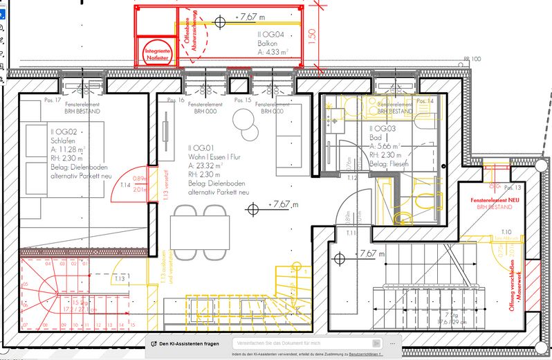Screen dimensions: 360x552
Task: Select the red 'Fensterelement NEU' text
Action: point(494,199)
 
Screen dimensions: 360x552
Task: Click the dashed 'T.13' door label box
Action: point(120,279)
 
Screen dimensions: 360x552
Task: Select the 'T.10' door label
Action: point(506,232)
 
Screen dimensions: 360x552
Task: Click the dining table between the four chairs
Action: point(200,226)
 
